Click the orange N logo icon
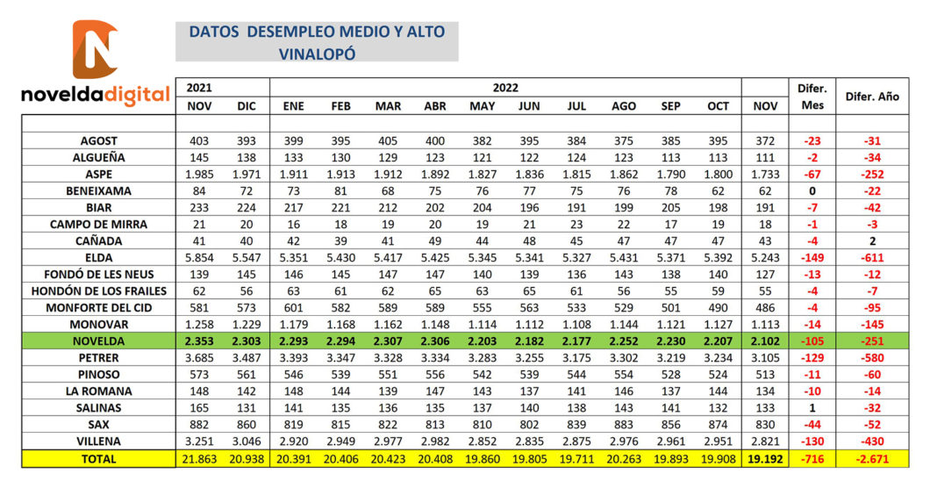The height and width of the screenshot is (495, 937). [x=95, y=49]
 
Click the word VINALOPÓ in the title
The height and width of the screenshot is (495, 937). [x=317, y=54]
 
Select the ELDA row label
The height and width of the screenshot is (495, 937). [x=98, y=258]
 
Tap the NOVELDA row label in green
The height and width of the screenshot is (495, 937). [x=98, y=341]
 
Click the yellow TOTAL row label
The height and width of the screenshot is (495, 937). [x=98, y=459]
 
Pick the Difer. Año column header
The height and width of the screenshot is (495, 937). [x=872, y=97]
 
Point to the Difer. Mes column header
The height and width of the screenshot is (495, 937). [x=812, y=97]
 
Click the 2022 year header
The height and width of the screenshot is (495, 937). [x=505, y=87]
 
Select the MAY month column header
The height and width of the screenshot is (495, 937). [x=482, y=106]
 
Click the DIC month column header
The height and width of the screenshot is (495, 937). [x=247, y=106]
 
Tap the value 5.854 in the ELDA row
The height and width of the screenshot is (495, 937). [x=199, y=258]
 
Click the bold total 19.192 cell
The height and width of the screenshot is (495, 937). [x=765, y=459]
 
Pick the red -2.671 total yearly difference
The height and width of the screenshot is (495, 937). [x=872, y=459]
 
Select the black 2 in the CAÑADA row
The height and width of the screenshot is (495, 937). [x=872, y=241]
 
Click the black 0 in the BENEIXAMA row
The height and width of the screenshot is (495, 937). [x=812, y=191]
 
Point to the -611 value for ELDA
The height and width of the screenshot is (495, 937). [x=872, y=258]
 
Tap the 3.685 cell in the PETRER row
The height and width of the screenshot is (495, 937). [x=199, y=358]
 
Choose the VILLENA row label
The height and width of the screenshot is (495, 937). [x=98, y=441]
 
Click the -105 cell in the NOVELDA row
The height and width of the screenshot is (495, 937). [x=812, y=341]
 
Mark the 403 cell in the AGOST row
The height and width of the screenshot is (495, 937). [x=199, y=141]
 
